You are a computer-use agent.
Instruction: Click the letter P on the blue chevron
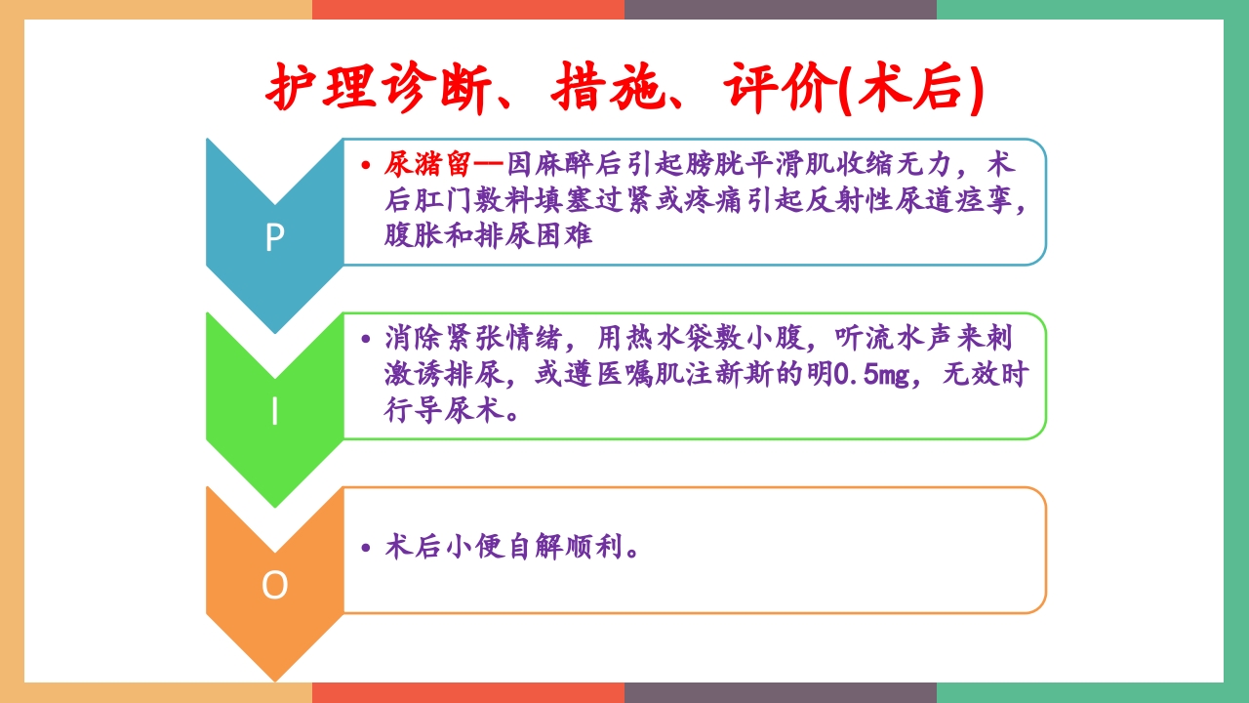coord(274,239)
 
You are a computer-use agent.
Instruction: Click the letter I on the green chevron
coord(274,412)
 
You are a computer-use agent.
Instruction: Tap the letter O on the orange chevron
coord(274,586)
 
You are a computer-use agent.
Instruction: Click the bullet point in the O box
coord(366,548)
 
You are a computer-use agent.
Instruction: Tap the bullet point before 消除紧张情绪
coord(366,339)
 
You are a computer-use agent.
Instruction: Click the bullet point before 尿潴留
coord(366,164)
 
